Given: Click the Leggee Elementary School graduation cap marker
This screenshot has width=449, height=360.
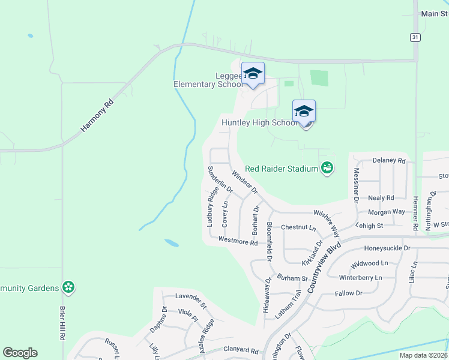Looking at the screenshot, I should [253, 74].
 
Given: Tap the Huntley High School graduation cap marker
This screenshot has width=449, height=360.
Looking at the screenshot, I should [304, 112].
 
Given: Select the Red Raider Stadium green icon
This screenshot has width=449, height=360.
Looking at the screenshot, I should [327, 169].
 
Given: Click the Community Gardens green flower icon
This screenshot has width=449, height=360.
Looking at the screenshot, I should [68, 287].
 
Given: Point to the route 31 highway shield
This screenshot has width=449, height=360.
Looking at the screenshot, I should [415, 37].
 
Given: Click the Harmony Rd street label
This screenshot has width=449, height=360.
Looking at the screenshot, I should [97, 116].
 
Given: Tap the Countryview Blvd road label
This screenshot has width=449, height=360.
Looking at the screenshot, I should [324, 268].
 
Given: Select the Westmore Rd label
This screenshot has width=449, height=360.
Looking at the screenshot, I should [238, 241].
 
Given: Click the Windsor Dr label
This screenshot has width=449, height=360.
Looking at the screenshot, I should [244, 182].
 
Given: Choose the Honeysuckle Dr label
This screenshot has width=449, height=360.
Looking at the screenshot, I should [387, 248].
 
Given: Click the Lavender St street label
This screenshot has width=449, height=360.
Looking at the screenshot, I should [190, 297].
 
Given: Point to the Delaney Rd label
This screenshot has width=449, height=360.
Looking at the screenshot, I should [389, 161].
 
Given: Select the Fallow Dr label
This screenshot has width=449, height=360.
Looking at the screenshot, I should [349, 293].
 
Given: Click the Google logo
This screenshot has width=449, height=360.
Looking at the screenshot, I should [20, 353].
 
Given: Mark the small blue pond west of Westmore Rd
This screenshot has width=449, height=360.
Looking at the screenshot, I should [172, 244].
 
